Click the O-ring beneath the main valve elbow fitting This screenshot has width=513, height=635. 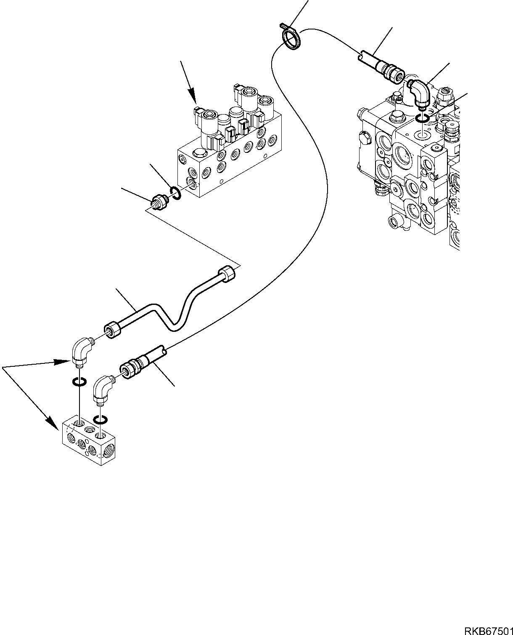[423, 119]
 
